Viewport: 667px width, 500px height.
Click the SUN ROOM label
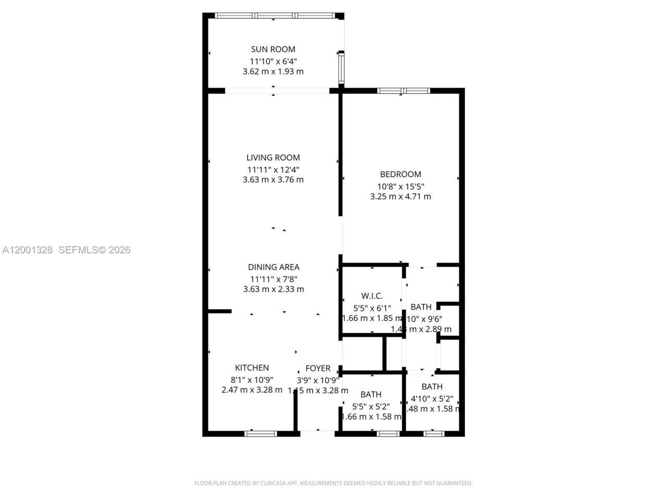pos(273,49)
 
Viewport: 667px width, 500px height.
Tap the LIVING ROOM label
pos(273,158)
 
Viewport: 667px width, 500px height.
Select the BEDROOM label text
pos(400,174)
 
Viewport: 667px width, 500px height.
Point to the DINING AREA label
pos(274,267)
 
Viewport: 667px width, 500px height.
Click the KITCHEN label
pos(252,368)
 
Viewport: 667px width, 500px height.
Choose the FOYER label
pos(318,368)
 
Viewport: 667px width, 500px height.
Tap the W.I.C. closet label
pos(372,296)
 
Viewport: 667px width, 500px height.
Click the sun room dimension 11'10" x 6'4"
pos(273,61)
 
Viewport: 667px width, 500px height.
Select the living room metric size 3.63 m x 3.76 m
pos(273,180)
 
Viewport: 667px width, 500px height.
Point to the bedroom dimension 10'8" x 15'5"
pos(400,186)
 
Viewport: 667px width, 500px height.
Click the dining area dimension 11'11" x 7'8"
pos(274,279)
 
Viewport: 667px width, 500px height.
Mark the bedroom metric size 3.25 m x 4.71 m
pos(400,197)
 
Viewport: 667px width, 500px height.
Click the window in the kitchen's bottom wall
pos(261,433)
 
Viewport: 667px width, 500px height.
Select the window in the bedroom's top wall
pos(404,91)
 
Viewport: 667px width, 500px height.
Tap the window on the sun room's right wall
pos(341,68)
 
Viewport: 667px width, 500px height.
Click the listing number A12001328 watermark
pos(28,250)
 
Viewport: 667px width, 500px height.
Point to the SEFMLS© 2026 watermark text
pos(94,250)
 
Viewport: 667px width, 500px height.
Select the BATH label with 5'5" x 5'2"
pos(371,395)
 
